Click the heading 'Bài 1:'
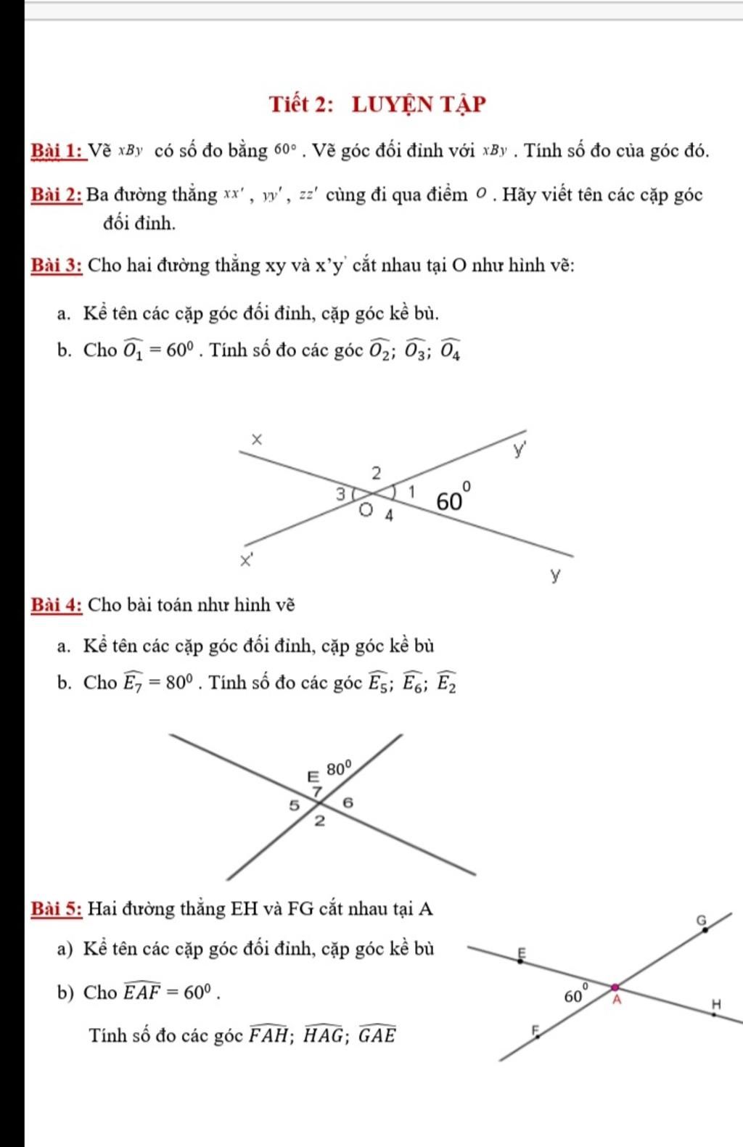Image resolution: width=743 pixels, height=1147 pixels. [x=57, y=152]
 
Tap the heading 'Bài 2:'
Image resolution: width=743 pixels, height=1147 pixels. [x=57, y=194]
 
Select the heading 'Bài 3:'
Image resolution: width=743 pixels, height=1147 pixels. [x=57, y=265]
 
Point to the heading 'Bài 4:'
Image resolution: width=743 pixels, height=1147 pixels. [x=57, y=604]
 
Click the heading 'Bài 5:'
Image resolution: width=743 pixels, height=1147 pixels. [x=57, y=908]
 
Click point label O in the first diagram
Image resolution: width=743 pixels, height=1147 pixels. [x=366, y=509]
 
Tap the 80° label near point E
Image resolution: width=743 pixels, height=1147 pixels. [x=339, y=768]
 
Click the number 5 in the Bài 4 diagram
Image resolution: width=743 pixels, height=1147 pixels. [x=294, y=805]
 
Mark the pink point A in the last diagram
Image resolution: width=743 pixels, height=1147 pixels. [x=615, y=987]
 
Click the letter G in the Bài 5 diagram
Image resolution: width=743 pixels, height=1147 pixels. [x=701, y=919]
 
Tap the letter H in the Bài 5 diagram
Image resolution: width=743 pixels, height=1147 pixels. [x=717, y=1005]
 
